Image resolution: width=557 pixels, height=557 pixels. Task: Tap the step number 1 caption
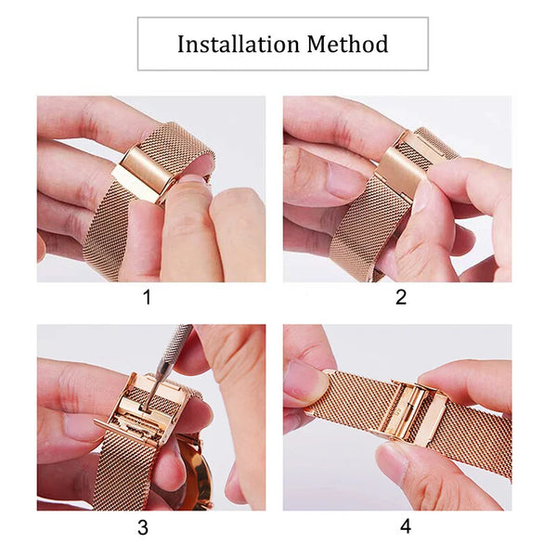click(145, 298)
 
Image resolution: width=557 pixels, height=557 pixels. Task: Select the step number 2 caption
click(401, 298)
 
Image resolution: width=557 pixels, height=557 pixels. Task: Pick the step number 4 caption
click(405, 526)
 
